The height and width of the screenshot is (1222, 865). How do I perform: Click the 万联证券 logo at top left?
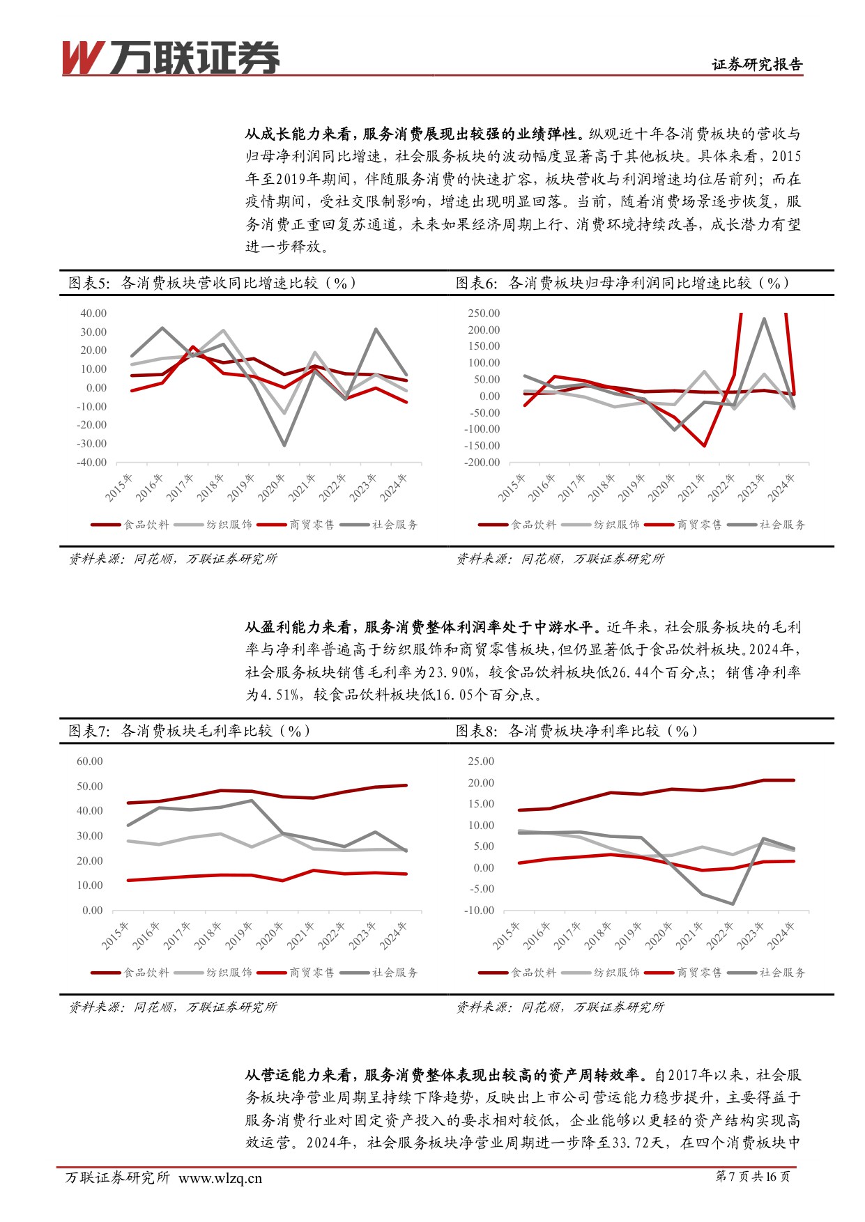point(171,57)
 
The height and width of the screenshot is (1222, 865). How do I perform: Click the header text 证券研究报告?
point(757,65)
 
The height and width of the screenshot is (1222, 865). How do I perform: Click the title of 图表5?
point(212,283)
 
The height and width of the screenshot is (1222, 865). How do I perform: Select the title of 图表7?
point(189,731)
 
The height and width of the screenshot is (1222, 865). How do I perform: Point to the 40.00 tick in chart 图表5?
point(93,314)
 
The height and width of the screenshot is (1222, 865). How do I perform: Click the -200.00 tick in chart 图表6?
point(483,463)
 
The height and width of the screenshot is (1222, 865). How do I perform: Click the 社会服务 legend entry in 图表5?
point(395,525)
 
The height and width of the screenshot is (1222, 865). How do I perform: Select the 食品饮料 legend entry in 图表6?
point(533,525)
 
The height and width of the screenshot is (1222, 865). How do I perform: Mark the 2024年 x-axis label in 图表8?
point(781,935)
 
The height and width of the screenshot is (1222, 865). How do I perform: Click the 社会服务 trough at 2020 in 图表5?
point(284,445)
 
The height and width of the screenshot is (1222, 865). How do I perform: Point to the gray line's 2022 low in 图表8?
point(733,904)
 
